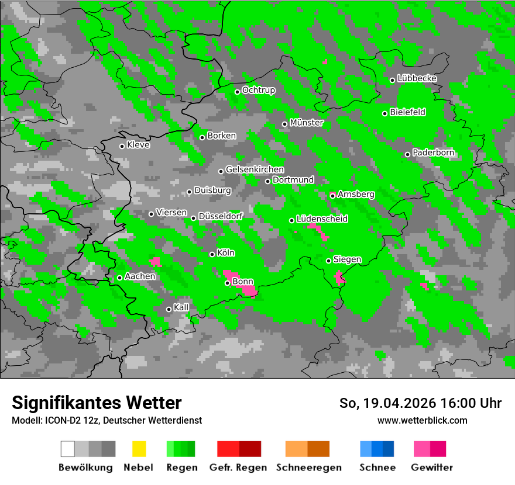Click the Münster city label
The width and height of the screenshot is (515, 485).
click(306, 123)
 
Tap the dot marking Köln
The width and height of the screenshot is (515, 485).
click(212, 254)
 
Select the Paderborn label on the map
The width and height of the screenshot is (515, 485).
click(433, 153)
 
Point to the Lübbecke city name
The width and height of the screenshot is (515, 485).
click(417, 78)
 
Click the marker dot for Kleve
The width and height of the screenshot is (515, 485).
click(122, 146)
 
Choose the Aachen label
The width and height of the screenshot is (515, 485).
click(140, 276)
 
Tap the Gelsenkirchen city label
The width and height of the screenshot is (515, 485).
click(255, 169)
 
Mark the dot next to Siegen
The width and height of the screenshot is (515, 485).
click(329, 261)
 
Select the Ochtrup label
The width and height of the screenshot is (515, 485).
click(258, 90)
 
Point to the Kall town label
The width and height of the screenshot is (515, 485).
click(181, 307)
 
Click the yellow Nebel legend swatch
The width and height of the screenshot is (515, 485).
click(139, 449)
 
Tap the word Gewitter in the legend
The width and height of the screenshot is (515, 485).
click(431, 467)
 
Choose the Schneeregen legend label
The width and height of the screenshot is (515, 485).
click(308, 467)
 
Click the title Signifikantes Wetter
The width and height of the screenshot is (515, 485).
click(97, 403)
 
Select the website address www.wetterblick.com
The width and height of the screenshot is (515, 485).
click(422, 420)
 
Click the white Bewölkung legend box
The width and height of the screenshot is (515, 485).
click(68, 449)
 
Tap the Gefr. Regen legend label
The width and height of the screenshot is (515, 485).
click(238, 467)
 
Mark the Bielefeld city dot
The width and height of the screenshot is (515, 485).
click(385, 113)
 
